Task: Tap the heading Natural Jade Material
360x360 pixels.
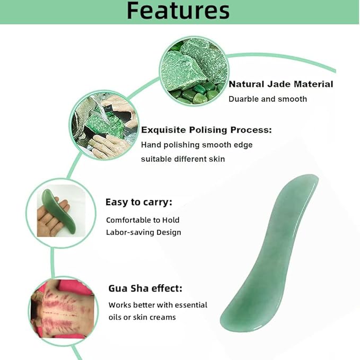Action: coord(280,84)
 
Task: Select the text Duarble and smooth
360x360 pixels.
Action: coord(267,99)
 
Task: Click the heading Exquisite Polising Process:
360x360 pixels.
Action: coord(206,130)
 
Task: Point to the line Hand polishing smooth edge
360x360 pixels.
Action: coord(197,144)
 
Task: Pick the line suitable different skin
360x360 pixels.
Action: coord(183,159)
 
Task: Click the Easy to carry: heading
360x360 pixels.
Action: coord(138,202)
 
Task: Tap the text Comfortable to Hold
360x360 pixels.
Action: coord(143,219)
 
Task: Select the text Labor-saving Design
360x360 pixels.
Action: coord(143,232)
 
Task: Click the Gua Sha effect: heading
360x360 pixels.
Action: coord(145,288)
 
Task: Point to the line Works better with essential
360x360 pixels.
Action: coord(157,305)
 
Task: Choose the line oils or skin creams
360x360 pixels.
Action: coord(142,317)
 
